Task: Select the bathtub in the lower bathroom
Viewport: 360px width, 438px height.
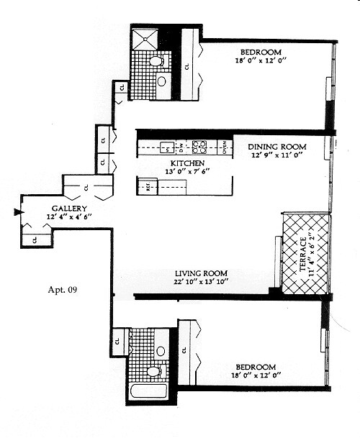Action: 148,392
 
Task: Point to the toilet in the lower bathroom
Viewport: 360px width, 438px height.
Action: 153,371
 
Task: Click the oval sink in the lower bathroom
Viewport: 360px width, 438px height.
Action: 160,351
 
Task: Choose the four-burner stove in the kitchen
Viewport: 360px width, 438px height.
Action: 199,147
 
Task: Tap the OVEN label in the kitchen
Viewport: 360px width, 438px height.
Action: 225,147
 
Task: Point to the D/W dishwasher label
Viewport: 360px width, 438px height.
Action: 182,148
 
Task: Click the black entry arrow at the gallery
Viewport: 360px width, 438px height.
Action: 16,211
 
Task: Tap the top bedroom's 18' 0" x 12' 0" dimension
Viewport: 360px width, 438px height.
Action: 261,62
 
